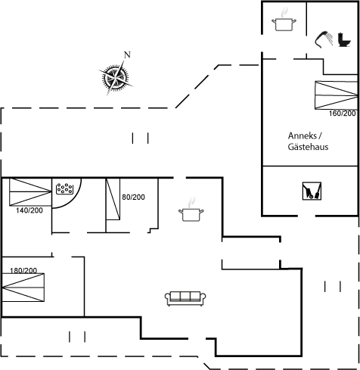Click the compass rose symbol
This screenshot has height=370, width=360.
(x=116, y=77)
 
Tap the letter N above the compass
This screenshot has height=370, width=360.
(x=127, y=54)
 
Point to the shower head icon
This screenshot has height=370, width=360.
(x=324, y=39)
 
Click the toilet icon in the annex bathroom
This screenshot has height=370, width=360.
(x=344, y=39)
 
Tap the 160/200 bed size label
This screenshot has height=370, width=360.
(x=342, y=113)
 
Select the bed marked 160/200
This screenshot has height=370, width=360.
(x=337, y=95)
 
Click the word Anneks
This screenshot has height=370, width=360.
(x=303, y=135)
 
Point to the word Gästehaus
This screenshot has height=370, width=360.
(x=308, y=147)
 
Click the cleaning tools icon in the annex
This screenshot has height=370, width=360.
(x=312, y=191)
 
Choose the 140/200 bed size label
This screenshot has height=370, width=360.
(x=29, y=210)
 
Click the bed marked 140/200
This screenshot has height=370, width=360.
(x=30, y=192)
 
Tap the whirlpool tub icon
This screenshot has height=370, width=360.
(x=64, y=188)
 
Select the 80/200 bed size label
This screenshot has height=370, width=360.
(x=133, y=197)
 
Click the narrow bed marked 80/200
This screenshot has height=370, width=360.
(x=113, y=199)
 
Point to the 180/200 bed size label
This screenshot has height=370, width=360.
(x=23, y=271)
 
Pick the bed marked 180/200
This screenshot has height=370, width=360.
(x=23, y=288)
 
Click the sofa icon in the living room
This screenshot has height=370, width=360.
(x=185, y=299)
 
